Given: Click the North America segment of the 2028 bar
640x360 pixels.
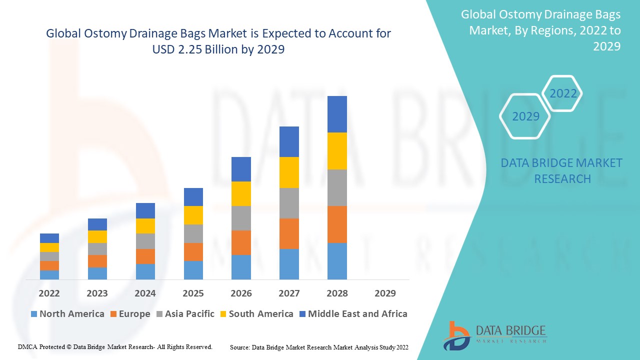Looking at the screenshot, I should pos(337,261).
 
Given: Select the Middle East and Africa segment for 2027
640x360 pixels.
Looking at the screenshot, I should pos(289,141).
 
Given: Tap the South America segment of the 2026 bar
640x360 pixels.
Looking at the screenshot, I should pos(241,193).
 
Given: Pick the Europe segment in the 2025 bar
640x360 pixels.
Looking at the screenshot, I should pos(193,252).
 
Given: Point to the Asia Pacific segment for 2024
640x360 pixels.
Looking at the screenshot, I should pos(145,241).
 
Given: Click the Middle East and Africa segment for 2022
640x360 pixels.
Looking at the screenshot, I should pos(49,238).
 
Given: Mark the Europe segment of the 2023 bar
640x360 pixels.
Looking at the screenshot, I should pos(97,261).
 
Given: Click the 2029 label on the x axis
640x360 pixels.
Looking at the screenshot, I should pos(385,293).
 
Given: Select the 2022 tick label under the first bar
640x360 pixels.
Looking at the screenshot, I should pos(49,293).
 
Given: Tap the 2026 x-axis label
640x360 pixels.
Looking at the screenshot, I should pos(241,293).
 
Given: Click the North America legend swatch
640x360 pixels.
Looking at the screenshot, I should pos(34,314).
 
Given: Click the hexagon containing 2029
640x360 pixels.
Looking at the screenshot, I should pos(525,116).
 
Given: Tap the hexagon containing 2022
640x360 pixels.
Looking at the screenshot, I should pos(563,93).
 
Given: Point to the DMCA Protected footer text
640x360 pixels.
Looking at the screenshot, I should pos(115,346).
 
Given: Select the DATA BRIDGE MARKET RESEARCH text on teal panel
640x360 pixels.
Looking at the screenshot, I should pos(561,170).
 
